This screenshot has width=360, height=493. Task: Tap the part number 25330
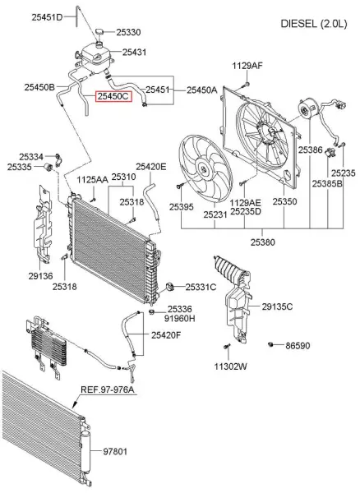(128, 32)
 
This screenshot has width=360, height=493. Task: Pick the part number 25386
(310, 150)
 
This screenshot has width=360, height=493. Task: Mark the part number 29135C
(277, 306)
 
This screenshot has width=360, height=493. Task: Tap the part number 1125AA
(92, 178)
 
